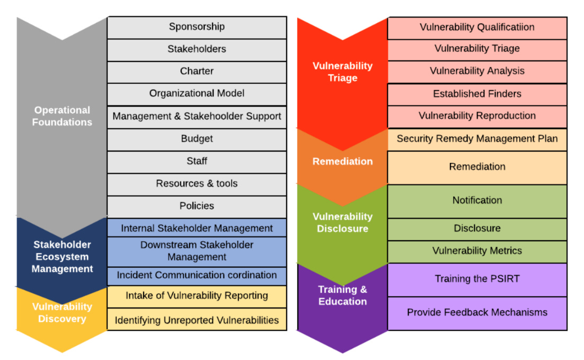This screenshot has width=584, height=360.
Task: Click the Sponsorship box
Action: tap(197, 27)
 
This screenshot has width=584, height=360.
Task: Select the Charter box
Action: tap(197, 72)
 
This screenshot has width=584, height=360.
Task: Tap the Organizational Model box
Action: tap(197, 94)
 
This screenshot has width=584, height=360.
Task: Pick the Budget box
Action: tap(197, 139)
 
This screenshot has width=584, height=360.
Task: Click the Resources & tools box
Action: tap(197, 184)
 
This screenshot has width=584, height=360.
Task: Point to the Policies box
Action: tap(197, 206)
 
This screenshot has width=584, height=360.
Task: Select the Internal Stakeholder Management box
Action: tap(197, 229)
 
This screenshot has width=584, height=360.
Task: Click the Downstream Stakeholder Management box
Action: tap(197, 251)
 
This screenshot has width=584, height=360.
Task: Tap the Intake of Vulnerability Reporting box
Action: tap(197, 296)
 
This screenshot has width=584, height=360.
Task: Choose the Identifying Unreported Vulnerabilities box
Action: tap(197, 320)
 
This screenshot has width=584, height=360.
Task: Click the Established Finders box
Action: tap(477, 94)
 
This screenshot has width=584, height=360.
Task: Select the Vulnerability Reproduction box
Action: tap(477, 116)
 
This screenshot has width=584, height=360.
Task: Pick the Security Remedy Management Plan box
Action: tap(477, 139)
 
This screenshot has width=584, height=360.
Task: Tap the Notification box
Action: tap(477, 200)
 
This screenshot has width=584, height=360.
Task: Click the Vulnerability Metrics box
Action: tap(477, 251)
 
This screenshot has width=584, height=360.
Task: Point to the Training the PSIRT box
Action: tap(477, 279)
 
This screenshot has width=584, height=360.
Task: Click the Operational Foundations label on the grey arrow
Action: tap(62, 116)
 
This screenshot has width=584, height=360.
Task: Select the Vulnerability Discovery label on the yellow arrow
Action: tap(62, 313)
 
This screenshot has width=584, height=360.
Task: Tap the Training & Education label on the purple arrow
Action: tap(342, 295)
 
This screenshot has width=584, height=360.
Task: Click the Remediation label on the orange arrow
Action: tap(342, 162)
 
